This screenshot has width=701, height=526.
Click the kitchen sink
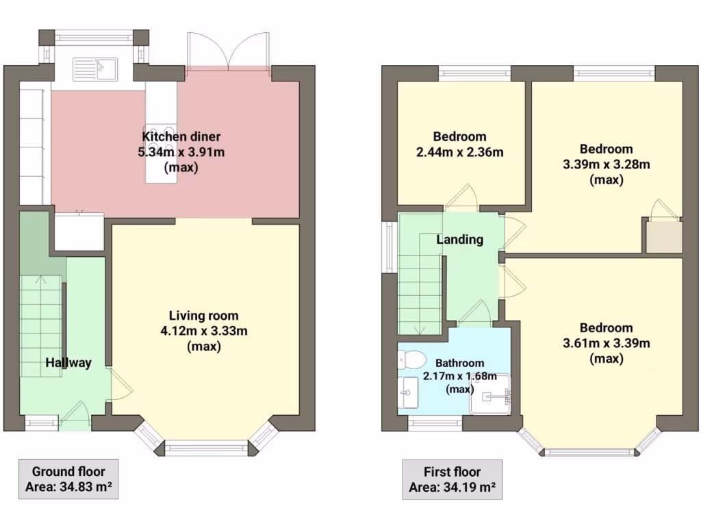click(x=95, y=68)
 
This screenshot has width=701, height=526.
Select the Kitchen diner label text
click(x=181, y=136)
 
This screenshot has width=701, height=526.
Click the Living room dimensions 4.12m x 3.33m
click(x=203, y=331)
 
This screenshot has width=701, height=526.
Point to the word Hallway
click(x=68, y=362)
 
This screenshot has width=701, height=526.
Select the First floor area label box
click(x=452, y=479)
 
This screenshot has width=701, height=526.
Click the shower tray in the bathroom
click(x=491, y=394)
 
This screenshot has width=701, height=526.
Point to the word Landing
click(x=460, y=240)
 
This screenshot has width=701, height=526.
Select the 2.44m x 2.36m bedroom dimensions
click(x=460, y=151)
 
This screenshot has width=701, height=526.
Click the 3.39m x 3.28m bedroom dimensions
click(x=606, y=164)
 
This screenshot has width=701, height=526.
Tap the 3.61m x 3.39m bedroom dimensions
click(x=606, y=342)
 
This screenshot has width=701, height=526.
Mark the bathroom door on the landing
click(x=475, y=315)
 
